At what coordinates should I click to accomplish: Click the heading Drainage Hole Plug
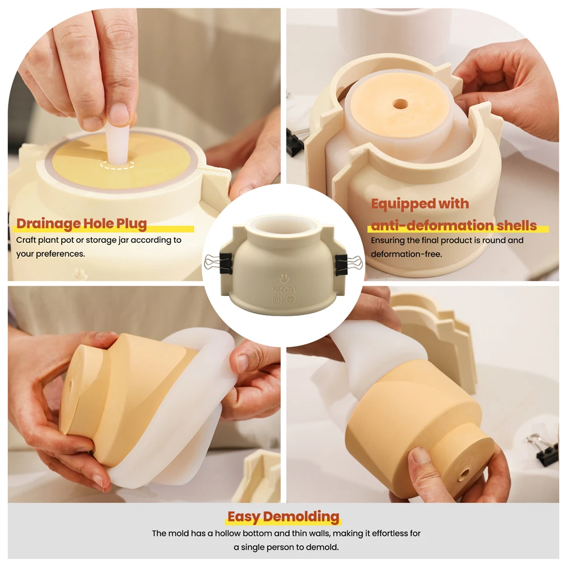[81, 224]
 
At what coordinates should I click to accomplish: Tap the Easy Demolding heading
[283, 517]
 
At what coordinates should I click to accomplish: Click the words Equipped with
[420, 204]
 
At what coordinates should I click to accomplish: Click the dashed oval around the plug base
[118, 165]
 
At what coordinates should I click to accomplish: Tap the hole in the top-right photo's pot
[400, 104]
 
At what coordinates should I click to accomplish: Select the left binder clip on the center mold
[218, 263]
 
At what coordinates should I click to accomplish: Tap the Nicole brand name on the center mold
[282, 289]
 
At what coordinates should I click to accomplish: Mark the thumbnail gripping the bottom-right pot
[421, 455]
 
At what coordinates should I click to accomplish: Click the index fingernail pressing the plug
[119, 114]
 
